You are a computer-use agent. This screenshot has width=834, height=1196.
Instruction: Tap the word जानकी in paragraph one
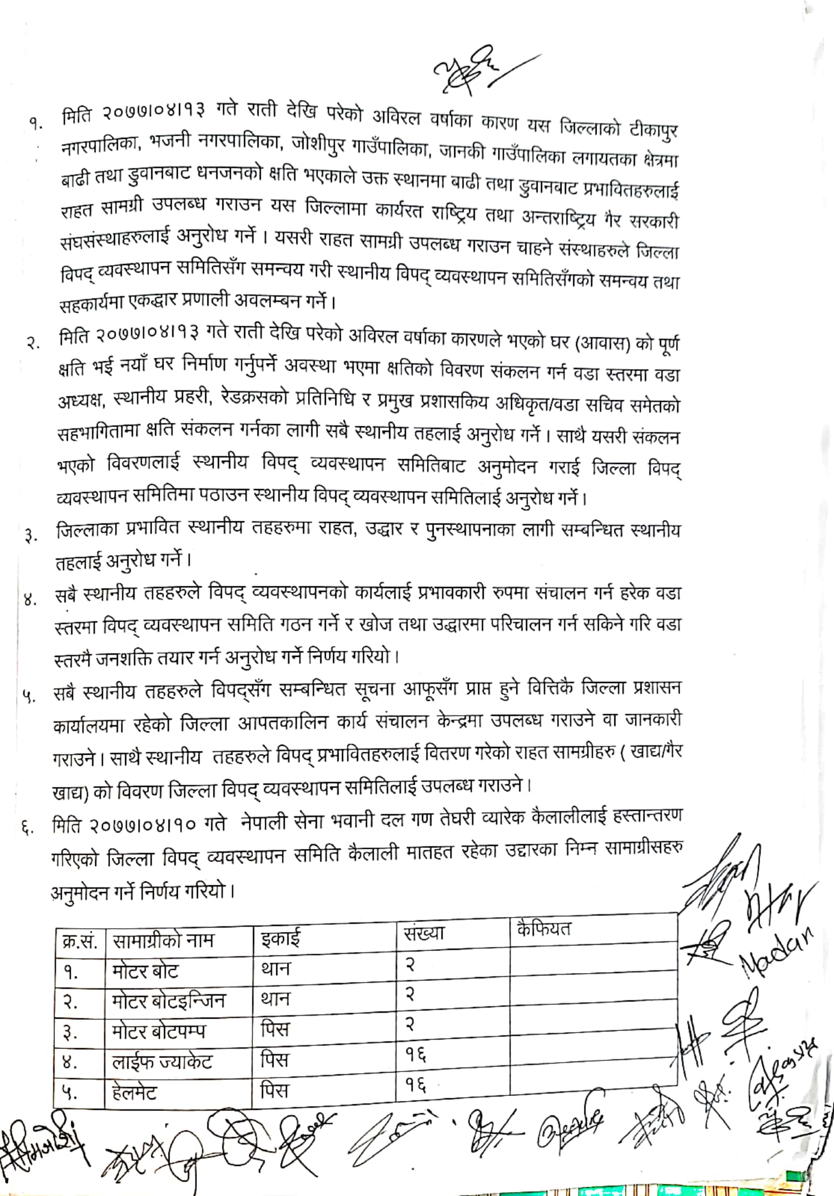(x=461, y=152)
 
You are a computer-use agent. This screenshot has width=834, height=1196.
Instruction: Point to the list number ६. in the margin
(x=26, y=828)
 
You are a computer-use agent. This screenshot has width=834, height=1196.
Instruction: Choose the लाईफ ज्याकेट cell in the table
(x=162, y=1062)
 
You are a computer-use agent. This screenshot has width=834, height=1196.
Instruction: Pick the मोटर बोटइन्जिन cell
(x=168, y=1001)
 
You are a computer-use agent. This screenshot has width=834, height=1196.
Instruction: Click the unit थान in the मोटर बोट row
(x=275, y=969)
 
